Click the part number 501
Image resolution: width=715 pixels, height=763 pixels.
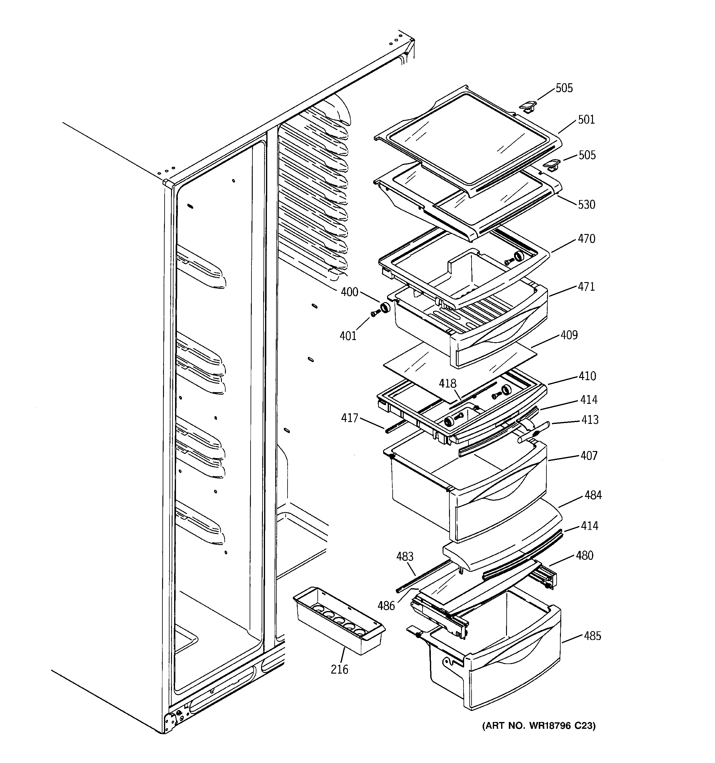click(586, 120)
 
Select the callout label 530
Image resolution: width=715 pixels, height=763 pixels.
click(586, 205)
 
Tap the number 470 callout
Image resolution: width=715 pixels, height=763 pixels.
click(586, 239)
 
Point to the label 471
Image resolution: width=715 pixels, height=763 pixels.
click(586, 287)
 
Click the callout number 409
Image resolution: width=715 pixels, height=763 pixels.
click(569, 335)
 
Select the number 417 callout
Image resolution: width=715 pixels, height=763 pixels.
click(349, 418)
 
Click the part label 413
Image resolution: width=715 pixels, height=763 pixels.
click(590, 420)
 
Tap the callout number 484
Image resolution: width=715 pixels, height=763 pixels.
click(593, 495)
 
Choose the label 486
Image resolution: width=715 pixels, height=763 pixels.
click(386, 606)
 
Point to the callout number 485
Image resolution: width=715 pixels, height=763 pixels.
click(592, 636)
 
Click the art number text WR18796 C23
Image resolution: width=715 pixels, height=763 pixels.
click(539, 726)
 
